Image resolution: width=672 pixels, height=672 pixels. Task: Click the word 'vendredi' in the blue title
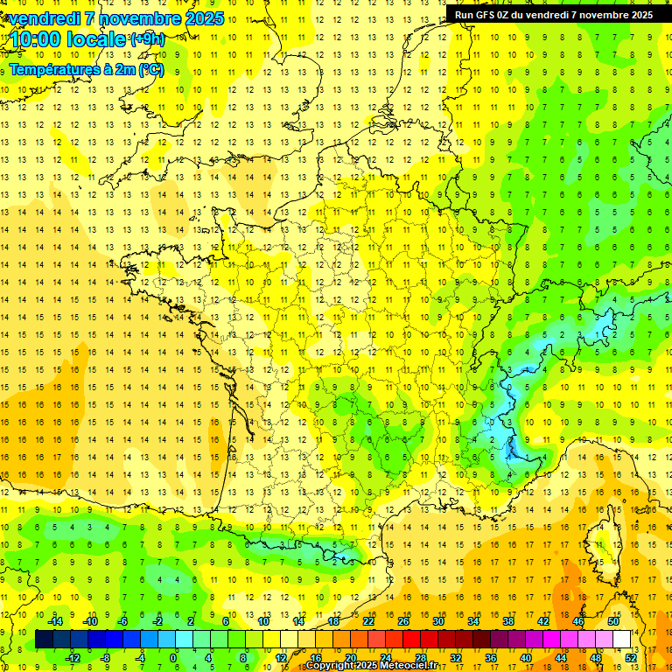[45, 18]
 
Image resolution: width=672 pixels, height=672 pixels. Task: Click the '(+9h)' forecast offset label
[146, 38]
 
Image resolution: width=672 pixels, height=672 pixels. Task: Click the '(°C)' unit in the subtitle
[150, 70]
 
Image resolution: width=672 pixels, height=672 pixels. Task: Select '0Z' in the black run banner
[506, 15]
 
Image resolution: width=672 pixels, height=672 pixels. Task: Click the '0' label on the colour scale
[172, 657]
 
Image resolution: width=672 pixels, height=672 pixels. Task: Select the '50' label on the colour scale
[613, 621]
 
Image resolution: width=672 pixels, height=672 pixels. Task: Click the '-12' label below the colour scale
[73, 657]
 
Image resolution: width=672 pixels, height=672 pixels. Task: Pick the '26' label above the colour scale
[403, 621]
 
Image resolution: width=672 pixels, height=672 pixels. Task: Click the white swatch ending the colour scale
[622, 640]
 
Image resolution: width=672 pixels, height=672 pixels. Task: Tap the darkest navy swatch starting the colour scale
[44, 640]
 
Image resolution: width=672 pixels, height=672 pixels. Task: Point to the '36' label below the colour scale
[491, 657]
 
